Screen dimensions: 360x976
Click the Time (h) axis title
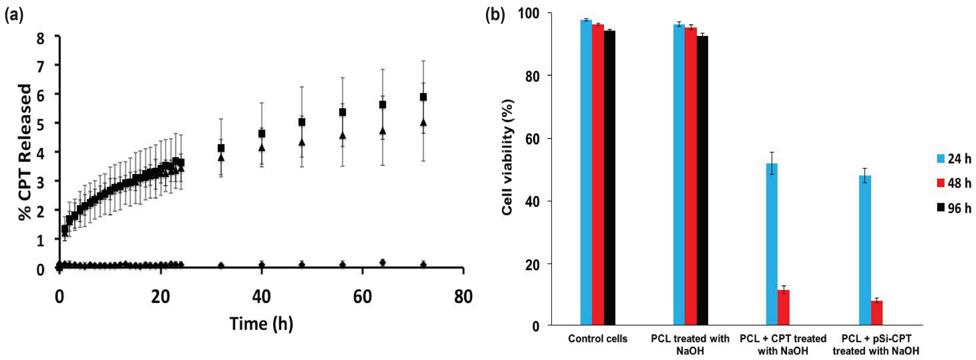coord(261,324)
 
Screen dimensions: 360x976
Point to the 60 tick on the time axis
coord(362,297)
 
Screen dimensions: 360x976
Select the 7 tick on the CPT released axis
coord(40,65)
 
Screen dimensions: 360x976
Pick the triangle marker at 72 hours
coord(423,122)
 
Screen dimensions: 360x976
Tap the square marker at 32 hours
coord(221,148)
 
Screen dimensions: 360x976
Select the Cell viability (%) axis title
coord(508,157)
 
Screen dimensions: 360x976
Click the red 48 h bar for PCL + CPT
coord(784,307)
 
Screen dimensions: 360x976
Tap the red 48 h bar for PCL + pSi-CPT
coord(876,313)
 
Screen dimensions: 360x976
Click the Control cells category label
coord(597,338)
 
